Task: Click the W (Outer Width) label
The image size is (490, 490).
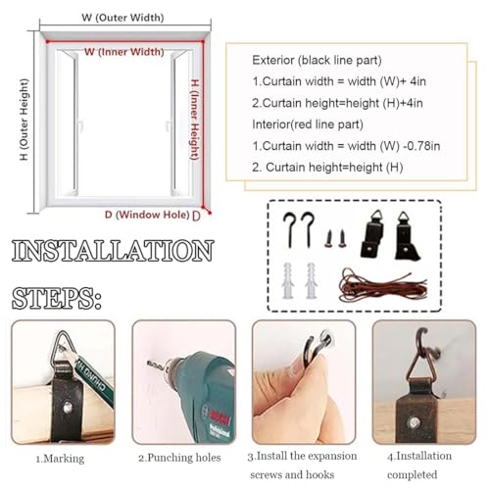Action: click(122, 18)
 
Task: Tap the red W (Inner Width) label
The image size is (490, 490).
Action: click(124, 52)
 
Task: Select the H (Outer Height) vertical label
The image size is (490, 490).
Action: click(24, 120)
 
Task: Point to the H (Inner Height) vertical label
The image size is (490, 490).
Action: click(195, 120)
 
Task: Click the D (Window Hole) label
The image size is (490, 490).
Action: click(147, 215)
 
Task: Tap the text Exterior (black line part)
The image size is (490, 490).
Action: click(317, 60)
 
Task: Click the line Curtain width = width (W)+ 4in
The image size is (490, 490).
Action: click(339, 81)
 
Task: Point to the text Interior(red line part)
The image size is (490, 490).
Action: click(308, 124)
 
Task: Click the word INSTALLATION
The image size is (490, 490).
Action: click(113, 251)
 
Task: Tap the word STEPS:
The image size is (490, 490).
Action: click(57, 299)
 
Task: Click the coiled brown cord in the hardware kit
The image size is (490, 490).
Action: click(383, 284)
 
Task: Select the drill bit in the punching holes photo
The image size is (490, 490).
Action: click(158, 366)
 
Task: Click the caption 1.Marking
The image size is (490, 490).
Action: click(60, 459)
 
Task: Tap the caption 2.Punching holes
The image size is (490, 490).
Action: click(179, 458)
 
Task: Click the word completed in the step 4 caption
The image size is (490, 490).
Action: click(413, 474)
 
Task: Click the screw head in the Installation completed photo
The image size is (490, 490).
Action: click(414, 422)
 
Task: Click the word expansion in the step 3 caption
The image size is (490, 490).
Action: click(330, 456)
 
